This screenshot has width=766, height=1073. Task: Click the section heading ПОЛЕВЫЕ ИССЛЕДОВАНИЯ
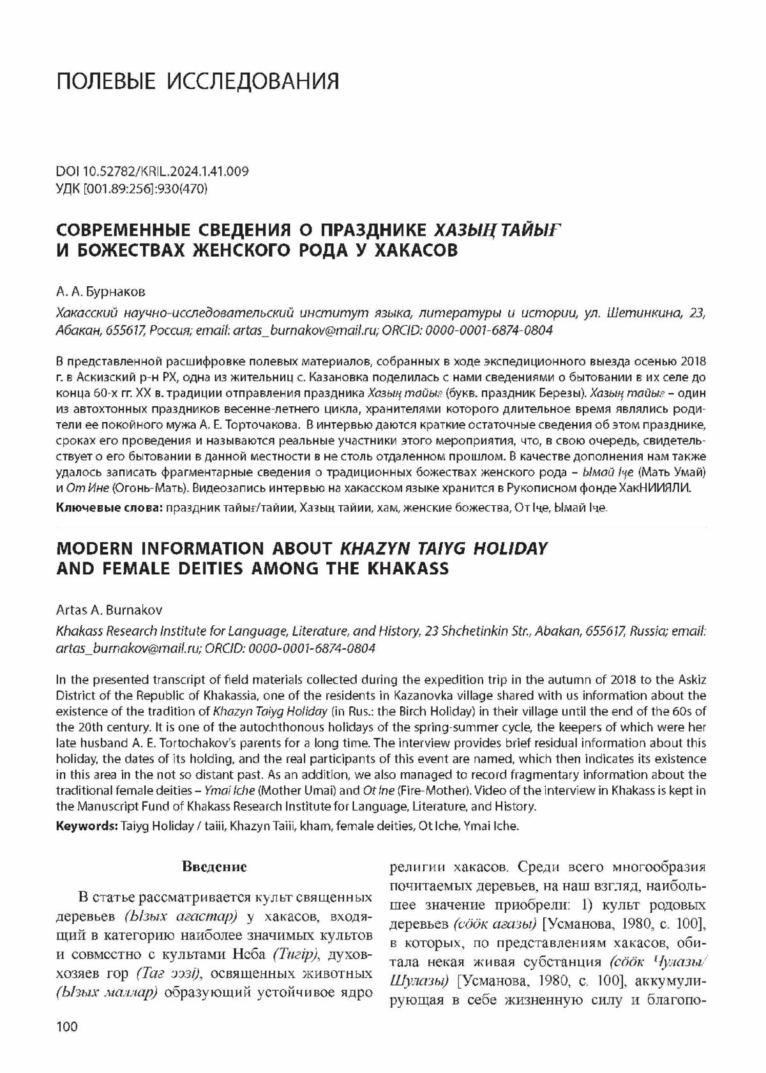pyautogui.click(x=198, y=82)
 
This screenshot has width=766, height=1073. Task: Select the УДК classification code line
pyautogui.click(x=131, y=188)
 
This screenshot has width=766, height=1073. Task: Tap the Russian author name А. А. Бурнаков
pyautogui.click(x=101, y=292)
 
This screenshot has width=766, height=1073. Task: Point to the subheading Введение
pyautogui.click(x=214, y=867)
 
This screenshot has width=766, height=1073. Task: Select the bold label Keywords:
pyautogui.click(x=83, y=826)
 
